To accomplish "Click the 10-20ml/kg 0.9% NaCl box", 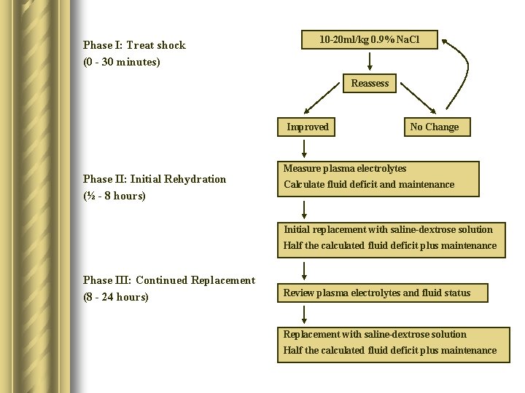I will tap(370, 39).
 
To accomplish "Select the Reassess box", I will tap(370, 84).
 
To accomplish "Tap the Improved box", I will tap(307, 127).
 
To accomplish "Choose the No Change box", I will tap(435, 127).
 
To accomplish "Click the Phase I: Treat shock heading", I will tap(134, 45).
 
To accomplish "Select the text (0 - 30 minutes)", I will tap(122, 62).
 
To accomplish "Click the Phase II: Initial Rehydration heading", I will tap(155, 179).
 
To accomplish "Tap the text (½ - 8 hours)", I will tap(114, 196).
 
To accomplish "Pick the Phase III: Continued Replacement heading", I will tap(169, 280).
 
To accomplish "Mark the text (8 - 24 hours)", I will tap(116, 297).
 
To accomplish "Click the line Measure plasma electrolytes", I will tap(345, 169).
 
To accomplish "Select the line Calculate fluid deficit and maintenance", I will tap(369, 185).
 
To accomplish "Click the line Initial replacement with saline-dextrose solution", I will tap(388, 229).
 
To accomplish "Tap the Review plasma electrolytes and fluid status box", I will tap(377, 293).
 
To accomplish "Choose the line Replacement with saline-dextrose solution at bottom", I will tap(375, 335).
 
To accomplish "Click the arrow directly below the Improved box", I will tap(306, 148).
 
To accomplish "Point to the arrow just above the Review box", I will tap(305, 272).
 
